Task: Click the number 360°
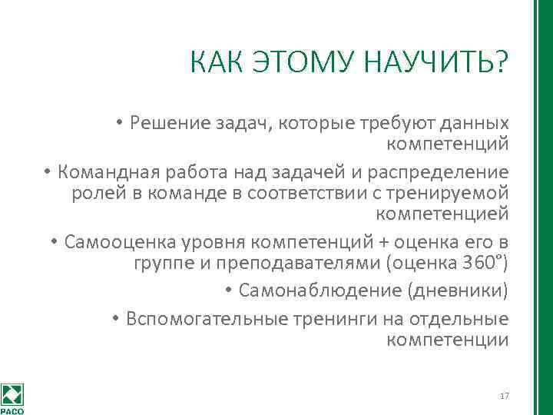pyautogui.click(x=484, y=264)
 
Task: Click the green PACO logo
pyautogui.click(x=12, y=397)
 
